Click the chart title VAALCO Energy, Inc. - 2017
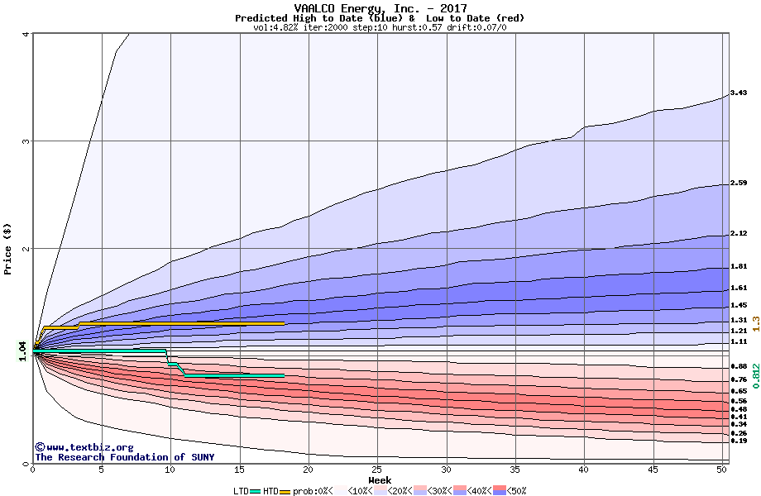(x=380, y=8)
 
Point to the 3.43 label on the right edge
(x=739, y=93)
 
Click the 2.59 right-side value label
(x=739, y=183)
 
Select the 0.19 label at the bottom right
(x=739, y=441)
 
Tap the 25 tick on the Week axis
(x=376, y=470)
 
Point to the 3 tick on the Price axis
(x=25, y=141)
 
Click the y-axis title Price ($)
(x=8, y=248)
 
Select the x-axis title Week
(x=380, y=480)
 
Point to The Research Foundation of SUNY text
(x=124, y=457)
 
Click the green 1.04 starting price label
(x=22, y=351)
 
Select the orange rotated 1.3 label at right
(x=755, y=324)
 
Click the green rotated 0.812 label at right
(x=755, y=376)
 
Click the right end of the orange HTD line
(x=284, y=323)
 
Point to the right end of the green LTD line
(x=284, y=375)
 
